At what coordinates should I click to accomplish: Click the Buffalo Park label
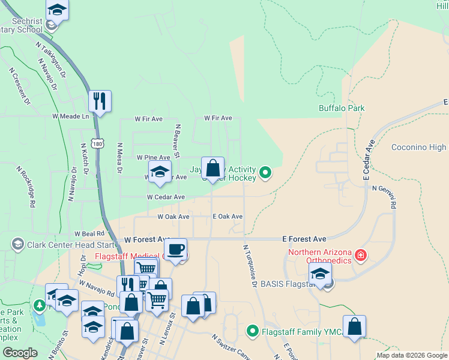tap(342, 109)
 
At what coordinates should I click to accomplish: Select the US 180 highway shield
tap(97, 143)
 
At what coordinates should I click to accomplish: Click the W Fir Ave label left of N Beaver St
tap(149, 119)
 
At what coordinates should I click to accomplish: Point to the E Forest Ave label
tap(304, 239)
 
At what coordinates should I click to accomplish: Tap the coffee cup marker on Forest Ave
tap(175, 249)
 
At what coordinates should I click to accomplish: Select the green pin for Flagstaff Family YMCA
tap(253, 331)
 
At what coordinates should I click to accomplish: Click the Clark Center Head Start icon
tap(17, 244)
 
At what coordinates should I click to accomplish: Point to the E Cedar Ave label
tap(369, 161)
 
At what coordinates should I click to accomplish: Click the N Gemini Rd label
tap(385, 196)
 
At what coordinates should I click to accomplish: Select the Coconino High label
tap(418, 147)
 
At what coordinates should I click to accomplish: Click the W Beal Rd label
tap(89, 233)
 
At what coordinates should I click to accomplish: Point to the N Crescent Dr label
tap(20, 86)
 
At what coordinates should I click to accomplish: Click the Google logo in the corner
tap(20, 353)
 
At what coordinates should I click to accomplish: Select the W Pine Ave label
tap(153, 157)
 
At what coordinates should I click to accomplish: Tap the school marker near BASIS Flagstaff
tap(321, 274)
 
